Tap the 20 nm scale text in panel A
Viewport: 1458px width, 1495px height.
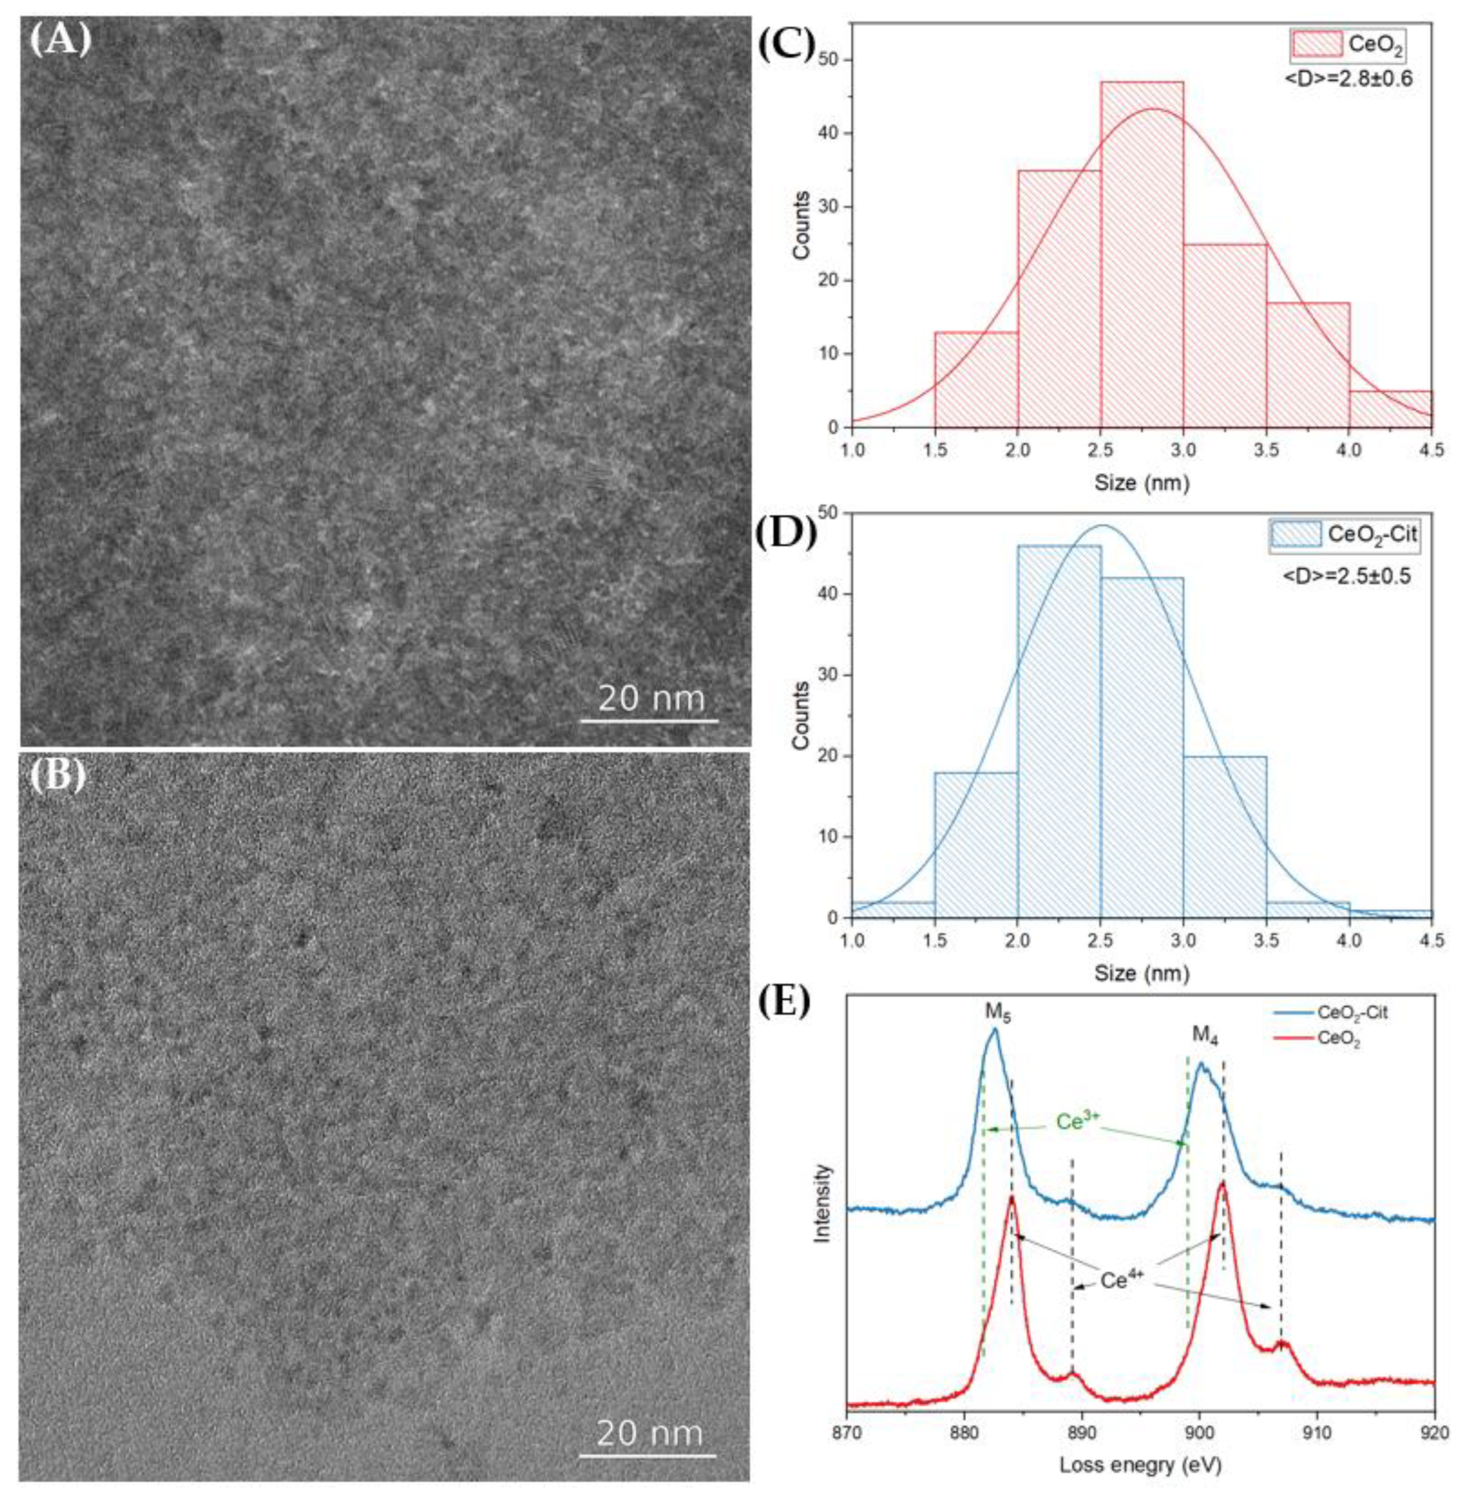(651, 698)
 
